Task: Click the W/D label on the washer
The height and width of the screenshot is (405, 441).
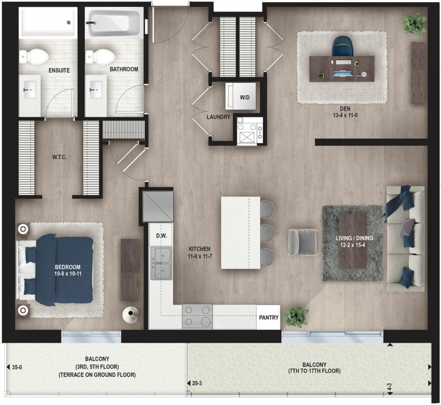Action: click(x=245, y=98)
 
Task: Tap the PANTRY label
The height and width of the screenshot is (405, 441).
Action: click(x=269, y=318)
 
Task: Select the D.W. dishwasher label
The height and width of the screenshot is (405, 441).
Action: click(x=161, y=236)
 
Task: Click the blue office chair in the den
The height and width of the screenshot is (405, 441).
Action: click(x=342, y=47)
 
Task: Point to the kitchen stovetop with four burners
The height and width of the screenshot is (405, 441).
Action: click(x=197, y=316)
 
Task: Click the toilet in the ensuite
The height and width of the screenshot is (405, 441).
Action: click(x=34, y=56)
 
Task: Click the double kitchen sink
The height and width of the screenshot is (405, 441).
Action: click(x=161, y=263)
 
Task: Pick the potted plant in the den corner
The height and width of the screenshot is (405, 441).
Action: click(x=414, y=24)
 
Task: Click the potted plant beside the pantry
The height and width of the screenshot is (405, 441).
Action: click(x=296, y=317)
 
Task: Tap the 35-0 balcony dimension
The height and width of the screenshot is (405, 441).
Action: click(x=17, y=367)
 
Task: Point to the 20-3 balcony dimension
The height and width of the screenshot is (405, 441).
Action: click(x=197, y=383)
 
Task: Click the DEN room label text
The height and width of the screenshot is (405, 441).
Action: click(x=345, y=109)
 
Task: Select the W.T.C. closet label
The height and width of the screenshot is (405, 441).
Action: click(x=59, y=157)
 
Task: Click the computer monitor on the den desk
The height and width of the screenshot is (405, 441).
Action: click(x=343, y=73)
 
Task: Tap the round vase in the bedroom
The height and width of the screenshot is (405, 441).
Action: click(x=130, y=315)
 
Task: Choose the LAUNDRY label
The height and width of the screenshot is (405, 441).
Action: click(x=218, y=117)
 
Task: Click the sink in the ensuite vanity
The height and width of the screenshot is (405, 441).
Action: click(x=30, y=90)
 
